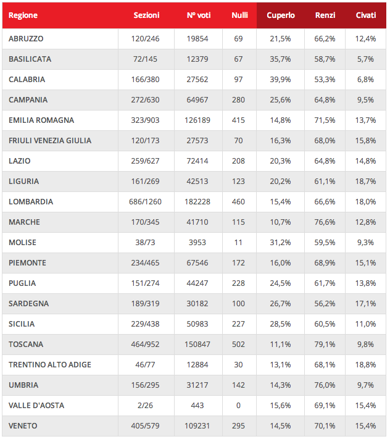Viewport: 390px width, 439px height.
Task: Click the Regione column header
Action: click(x=23, y=15)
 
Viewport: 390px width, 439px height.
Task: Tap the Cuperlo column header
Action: click(x=281, y=15)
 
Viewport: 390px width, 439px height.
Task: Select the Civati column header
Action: click(x=366, y=15)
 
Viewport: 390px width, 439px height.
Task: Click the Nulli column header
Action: click(x=239, y=15)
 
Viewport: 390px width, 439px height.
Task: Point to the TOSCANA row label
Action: click(x=26, y=344)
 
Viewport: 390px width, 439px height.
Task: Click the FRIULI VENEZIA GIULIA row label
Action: click(x=50, y=140)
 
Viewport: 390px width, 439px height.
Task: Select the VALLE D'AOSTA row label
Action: click(x=36, y=405)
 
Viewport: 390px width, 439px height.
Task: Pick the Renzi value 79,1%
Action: click(x=325, y=344)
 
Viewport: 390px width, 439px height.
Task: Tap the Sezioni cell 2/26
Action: click(x=146, y=405)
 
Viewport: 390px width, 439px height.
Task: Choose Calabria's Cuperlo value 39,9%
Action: click(x=280, y=79)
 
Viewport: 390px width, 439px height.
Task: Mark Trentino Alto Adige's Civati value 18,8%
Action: click(x=366, y=364)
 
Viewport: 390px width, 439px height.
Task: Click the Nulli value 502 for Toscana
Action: click(x=239, y=344)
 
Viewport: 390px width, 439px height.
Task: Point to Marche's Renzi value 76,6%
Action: click(x=325, y=222)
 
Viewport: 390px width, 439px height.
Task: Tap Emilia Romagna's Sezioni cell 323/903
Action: click(x=146, y=120)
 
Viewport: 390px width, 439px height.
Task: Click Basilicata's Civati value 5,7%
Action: click(x=366, y=59)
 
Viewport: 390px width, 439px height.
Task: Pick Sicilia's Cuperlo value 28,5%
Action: click(x=280, y=324)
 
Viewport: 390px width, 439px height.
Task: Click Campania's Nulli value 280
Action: click(x=239, y=99)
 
